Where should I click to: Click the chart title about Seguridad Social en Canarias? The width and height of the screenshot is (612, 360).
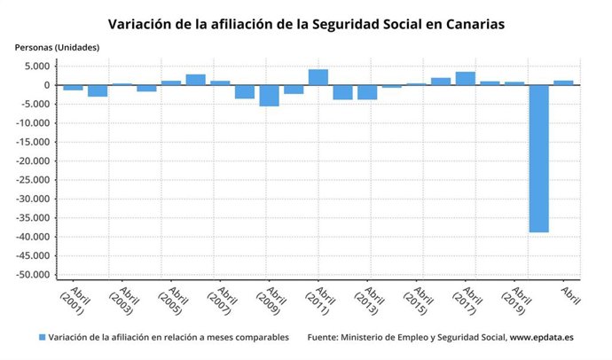[x=306, y=24]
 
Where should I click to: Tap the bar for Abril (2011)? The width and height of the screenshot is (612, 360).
[x=318, y=77]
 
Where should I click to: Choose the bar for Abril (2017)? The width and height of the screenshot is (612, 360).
[x=465, y=78]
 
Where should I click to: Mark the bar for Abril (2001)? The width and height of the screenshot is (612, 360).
[x=74, y=88]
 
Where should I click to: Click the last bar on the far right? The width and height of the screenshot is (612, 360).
[x=563, y=82]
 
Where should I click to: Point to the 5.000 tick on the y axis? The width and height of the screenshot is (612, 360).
[x=35, y=67]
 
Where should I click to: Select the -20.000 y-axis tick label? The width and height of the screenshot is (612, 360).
[x=31, y=161]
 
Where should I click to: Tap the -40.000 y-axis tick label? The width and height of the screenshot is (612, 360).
[x=31, y=237]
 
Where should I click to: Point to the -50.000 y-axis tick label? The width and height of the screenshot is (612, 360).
[x=31, y=275]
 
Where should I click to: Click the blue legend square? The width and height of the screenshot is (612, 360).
[x=42, y=338]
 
